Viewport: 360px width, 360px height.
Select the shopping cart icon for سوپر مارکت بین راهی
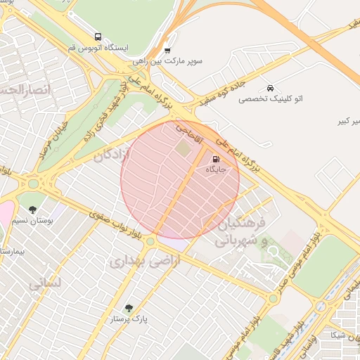tap(167, 50)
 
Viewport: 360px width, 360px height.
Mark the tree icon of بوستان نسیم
tap(33, 209)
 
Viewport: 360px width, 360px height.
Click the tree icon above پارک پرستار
tap(129, 308)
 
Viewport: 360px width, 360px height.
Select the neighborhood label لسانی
tap(46, 283)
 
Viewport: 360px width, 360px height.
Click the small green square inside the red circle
tap(184, 149)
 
